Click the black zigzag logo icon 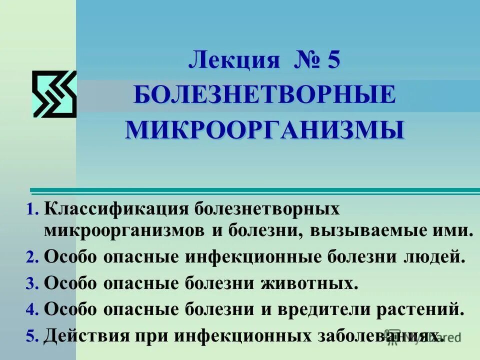tap(54, 94)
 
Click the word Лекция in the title tap(233, 61)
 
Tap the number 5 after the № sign tap(333, 61)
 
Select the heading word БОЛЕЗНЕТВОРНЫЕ tap(264, 95)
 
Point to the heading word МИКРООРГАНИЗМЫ tap(264, 129)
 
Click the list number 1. tap(32, 209)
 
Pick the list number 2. tap(32, 257)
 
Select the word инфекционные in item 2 tap(254, 257)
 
